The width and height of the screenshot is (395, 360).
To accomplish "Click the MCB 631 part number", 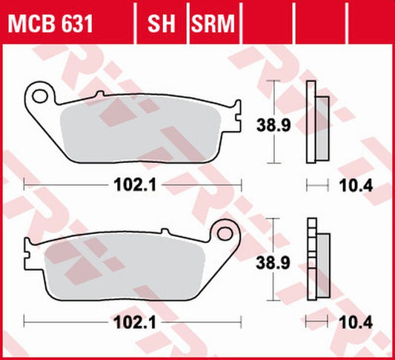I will point(51,25).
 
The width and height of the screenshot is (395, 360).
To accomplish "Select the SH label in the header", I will point(161,25).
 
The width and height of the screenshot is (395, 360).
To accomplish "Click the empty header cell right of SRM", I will point(266,25).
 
